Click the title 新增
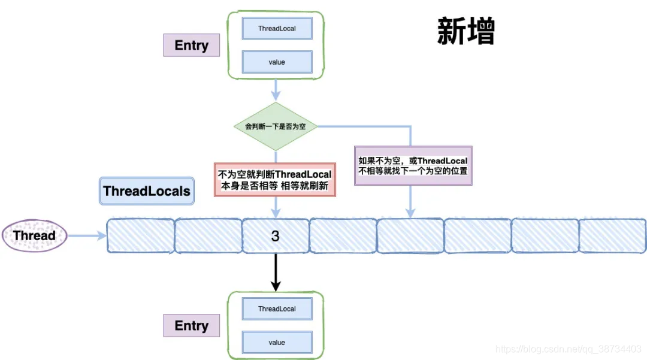466,32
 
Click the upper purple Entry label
191,46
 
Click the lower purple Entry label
191,326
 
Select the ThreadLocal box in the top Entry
277,29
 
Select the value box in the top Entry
277,62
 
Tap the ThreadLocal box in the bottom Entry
277,309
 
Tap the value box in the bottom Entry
277,343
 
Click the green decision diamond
275,127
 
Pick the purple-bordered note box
413,166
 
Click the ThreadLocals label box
147,192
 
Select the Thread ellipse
34,235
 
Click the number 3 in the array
275,236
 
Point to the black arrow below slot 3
276,273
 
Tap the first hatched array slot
140,236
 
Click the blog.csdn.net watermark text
569,349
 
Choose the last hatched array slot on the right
612,236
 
